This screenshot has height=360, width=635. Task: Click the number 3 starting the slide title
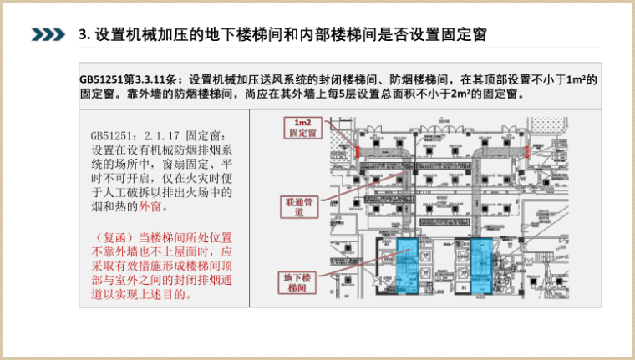(82, 34)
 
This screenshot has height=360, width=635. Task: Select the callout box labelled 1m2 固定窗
(302, 128)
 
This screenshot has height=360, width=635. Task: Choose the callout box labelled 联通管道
(298, 206)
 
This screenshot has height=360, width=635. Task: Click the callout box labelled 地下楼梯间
(297, 281)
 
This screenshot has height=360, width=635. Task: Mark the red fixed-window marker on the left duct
(356, 153)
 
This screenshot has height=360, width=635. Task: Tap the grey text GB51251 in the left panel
(113, 135)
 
